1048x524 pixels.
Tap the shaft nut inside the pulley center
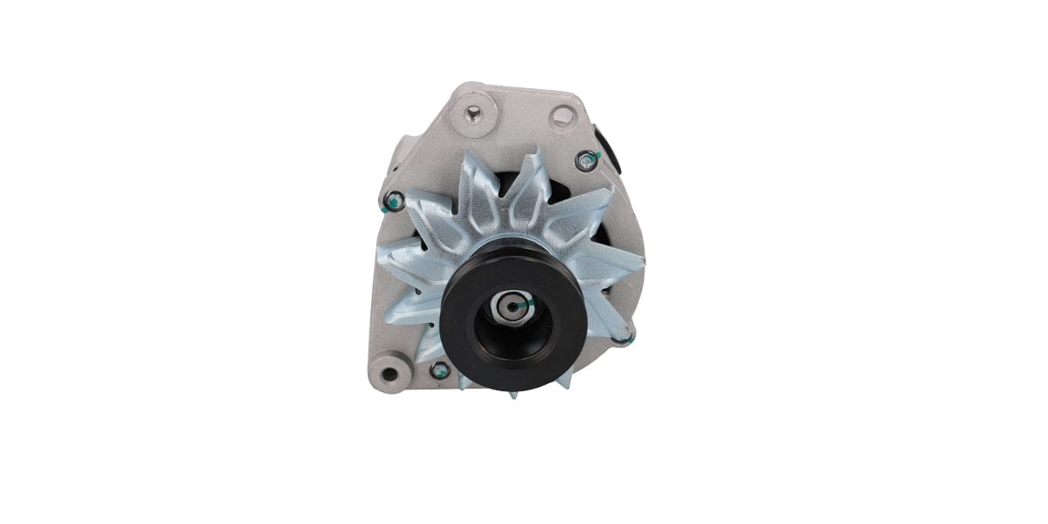[x=509, y=307]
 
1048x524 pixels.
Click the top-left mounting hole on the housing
[x=473, y=113]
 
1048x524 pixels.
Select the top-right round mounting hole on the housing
[x=563, y=114]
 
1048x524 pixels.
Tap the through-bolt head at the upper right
[x=588, y=160]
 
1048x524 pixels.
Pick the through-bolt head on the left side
[x=395, y=202]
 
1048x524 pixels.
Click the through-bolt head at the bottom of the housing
[x=440, y=371]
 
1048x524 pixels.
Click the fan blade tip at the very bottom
[x=513, y=393]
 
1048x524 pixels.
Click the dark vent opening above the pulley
[x=506, y=184]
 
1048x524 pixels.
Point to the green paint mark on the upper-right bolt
[x=591, y=158]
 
